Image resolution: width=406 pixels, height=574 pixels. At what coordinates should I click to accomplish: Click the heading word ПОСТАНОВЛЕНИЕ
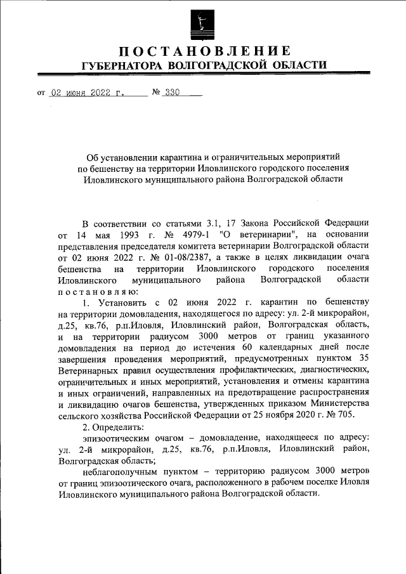click(203, 51)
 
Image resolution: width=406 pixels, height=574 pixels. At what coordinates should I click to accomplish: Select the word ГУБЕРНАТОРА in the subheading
click(121, 65)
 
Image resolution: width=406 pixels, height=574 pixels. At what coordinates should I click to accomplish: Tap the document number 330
click(172, 93)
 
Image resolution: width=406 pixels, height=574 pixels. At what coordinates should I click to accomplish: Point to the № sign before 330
click(156, 93)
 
